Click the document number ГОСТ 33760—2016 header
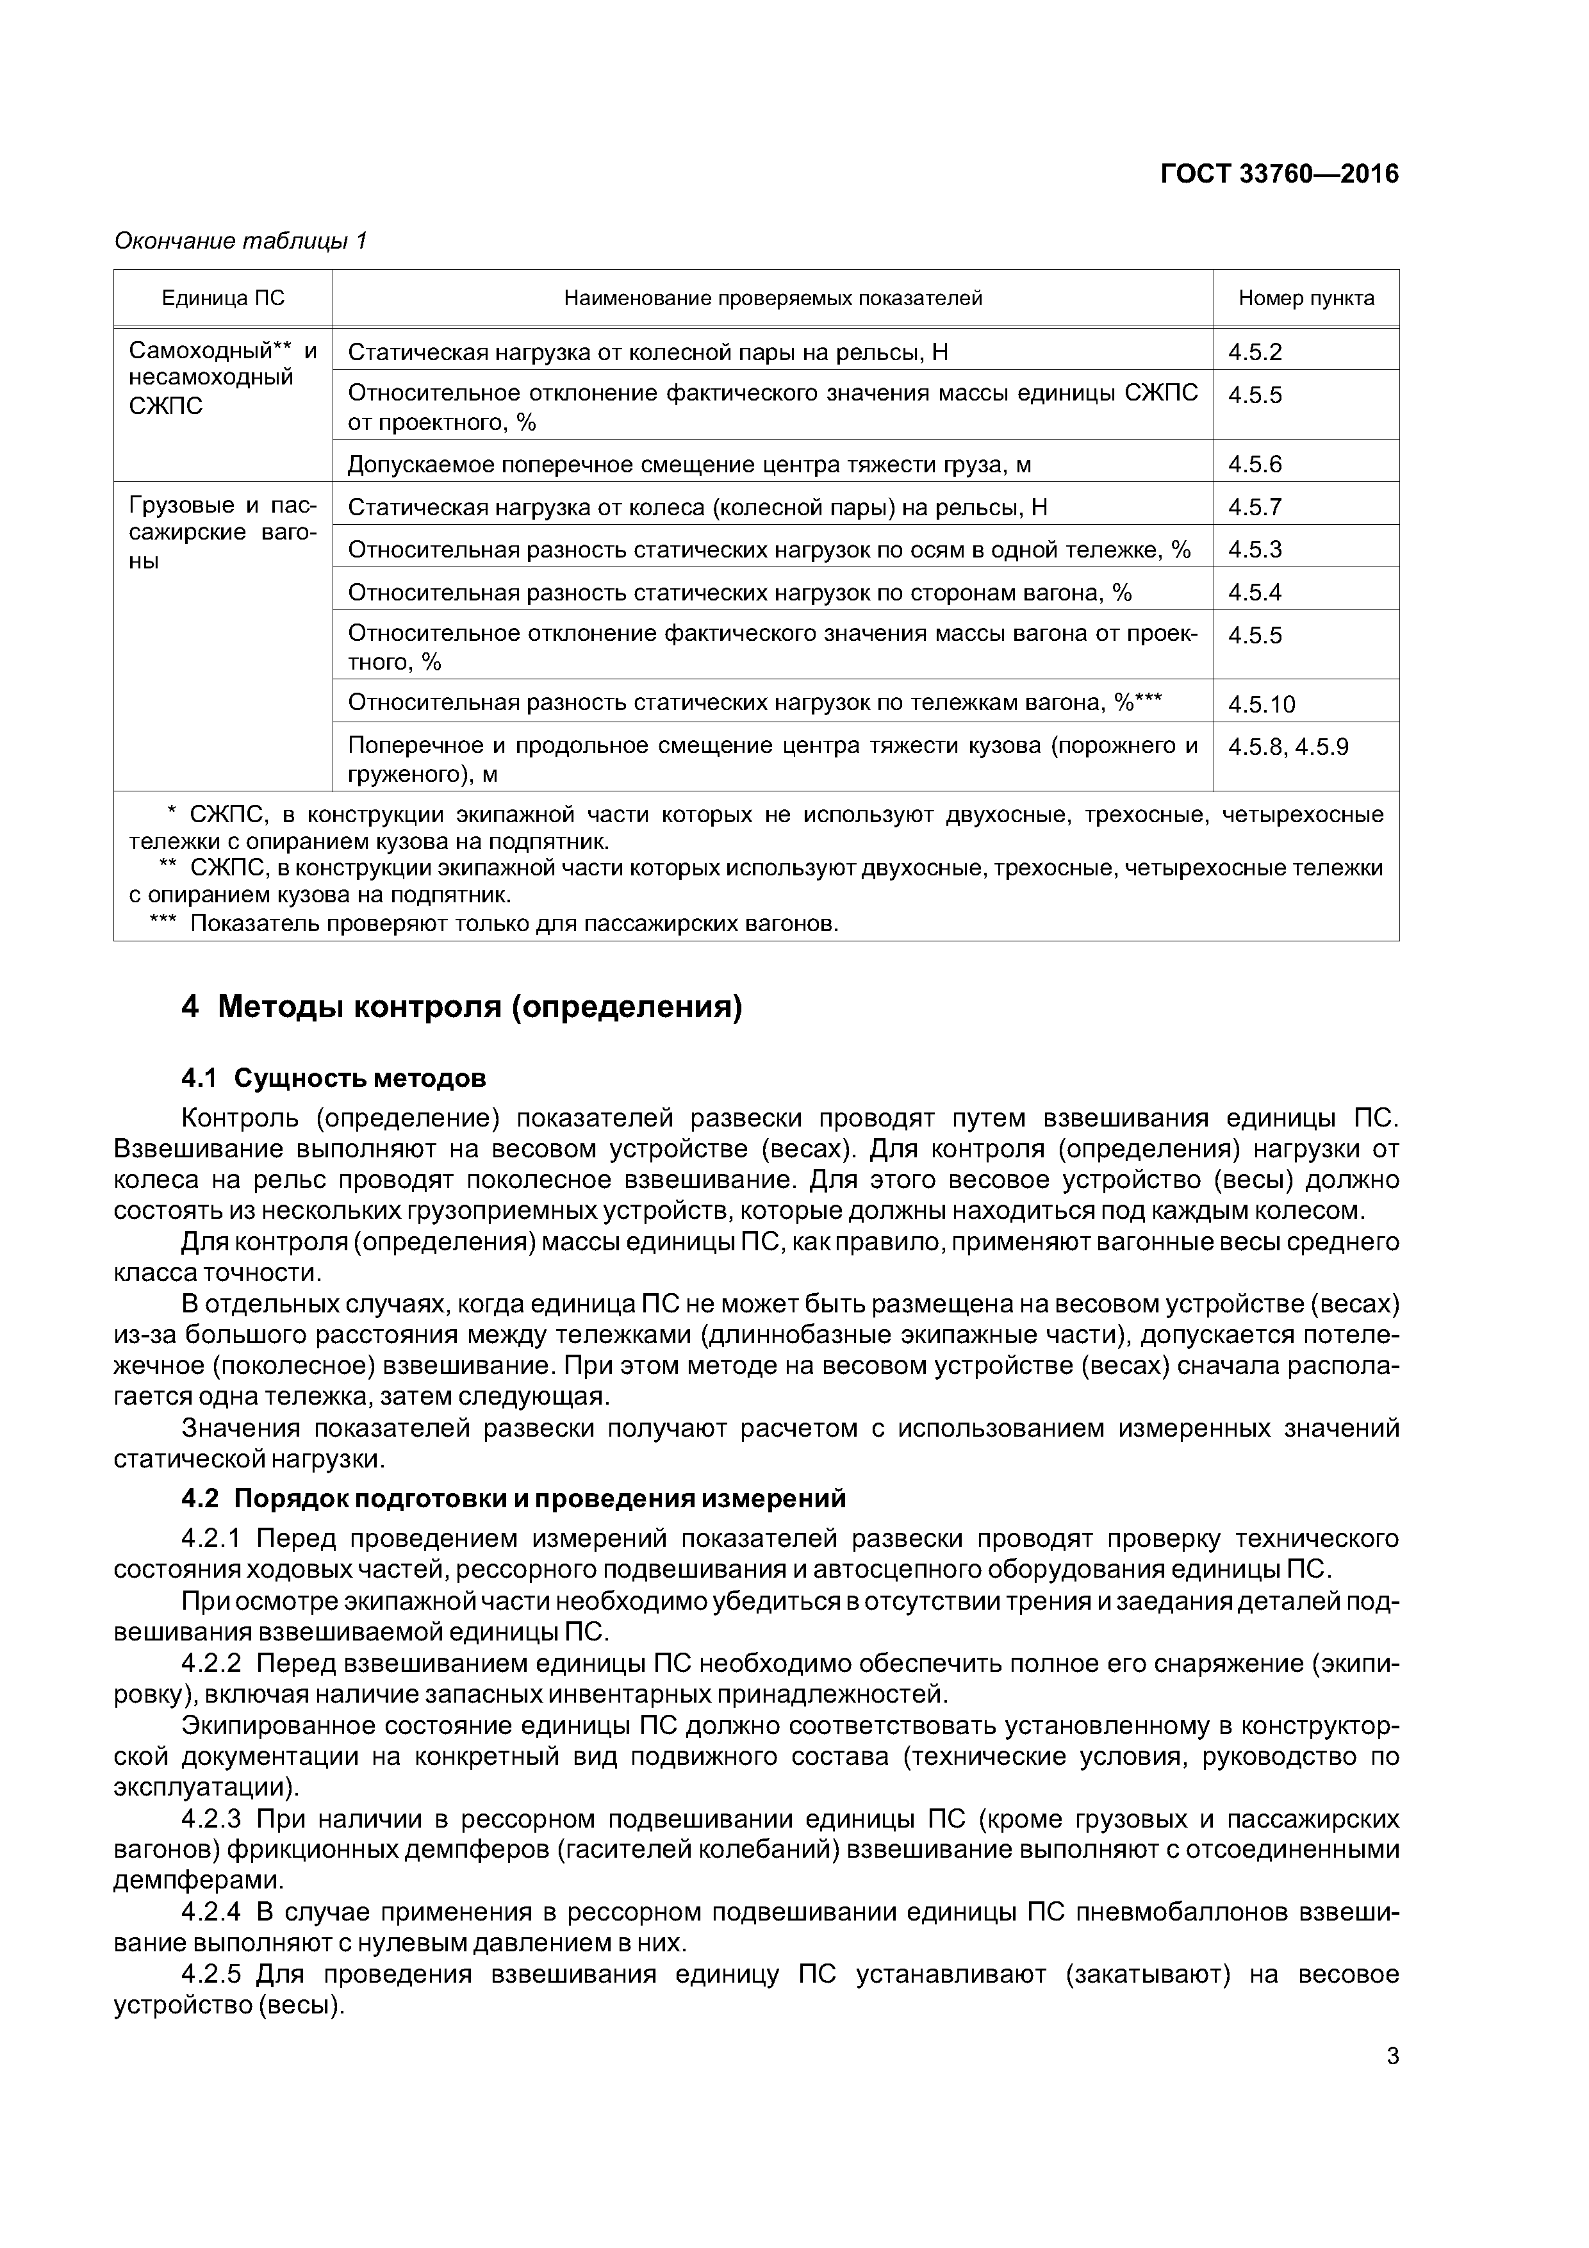coord(1279,174)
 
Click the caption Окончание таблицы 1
coord(240,241)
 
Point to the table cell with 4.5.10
coord(1261,704)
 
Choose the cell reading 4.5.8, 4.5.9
coord(1287,747)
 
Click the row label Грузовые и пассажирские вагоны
coord(223,533)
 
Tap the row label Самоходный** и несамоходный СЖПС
coord(223,378)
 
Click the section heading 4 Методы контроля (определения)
coord(461,1007)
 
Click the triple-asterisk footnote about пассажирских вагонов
coord(495,923)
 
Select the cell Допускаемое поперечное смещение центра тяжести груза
coord(689,464)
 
